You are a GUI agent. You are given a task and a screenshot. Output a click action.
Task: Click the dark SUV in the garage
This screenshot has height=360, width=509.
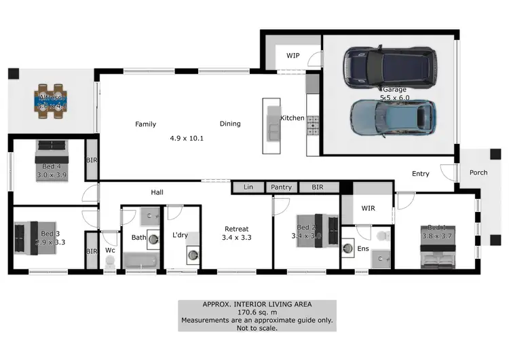pyautogui.click(x=388, y=68)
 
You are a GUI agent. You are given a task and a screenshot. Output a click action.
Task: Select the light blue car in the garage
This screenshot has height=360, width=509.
pyautogui.click(x=392, y=120)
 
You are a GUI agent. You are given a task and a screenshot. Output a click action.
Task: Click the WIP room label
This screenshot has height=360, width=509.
pyautogui.click(x=293, y=56)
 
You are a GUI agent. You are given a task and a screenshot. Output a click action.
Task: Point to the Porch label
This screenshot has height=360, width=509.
pyautogui.click(x=478, y=173)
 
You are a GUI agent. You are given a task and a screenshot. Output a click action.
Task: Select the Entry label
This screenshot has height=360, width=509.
pyautogui.click(x=421, y=174)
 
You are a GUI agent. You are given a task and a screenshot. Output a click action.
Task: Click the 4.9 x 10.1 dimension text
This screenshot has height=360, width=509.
pyautogui.click(x=187, y=139)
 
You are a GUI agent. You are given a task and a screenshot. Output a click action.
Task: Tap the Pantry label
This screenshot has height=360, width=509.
pyautogui.click(x=281, y=186)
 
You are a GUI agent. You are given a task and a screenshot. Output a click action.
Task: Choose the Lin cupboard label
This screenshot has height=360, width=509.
pyautogui.click(x=248, y=186)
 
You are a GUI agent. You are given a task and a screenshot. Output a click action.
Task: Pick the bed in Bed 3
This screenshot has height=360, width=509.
pyautogui.click(x=31, y=237)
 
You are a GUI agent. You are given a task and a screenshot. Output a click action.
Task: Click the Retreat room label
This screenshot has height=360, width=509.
pyautogui.click(x=237, y=229)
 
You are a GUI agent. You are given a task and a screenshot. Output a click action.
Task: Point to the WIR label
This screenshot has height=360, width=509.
pyautogui.click(x=369, y=207)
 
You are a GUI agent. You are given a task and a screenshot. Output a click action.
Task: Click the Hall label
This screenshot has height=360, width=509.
pyautogui.click(x=157, y=193)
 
